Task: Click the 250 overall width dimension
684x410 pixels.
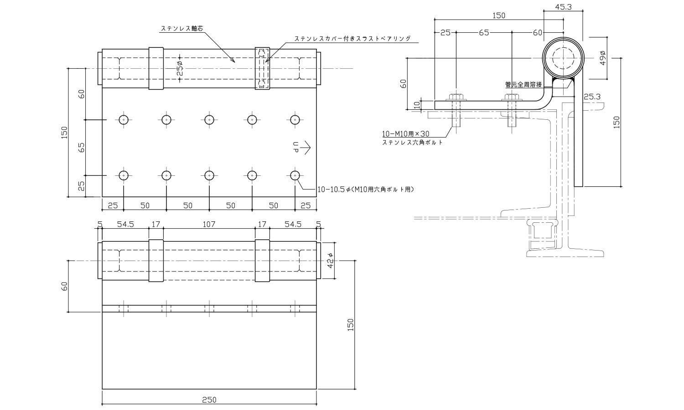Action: (209, 400)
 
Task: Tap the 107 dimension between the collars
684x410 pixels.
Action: (209, 224)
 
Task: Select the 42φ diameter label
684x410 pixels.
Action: (331, 261)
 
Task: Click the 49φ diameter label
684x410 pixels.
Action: (603, 59)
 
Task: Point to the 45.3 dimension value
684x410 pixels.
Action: (564, 7)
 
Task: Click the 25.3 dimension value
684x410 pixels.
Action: (592, 96)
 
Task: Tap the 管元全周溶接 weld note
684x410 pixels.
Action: (523, 84)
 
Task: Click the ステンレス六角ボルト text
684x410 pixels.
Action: (412, 143)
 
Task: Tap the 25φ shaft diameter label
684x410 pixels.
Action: (180, 68)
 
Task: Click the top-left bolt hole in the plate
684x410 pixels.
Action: (124, 120)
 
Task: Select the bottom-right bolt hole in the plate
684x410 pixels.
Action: (295, 175)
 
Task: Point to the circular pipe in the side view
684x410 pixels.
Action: (563, 59)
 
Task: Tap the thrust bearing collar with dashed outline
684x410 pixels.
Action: (262, 68)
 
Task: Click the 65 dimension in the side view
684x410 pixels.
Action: (484, 33)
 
